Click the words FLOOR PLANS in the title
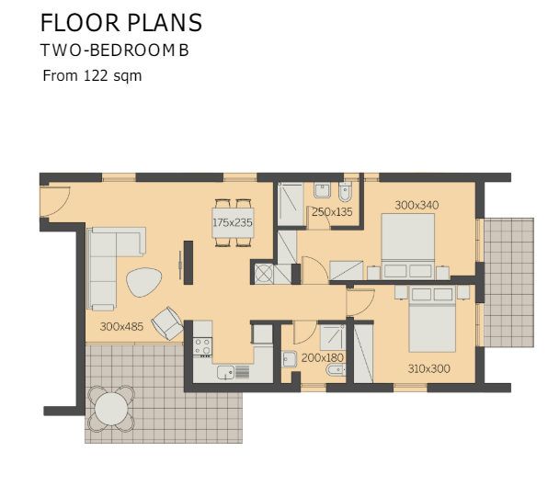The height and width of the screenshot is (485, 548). click(x=121, y=23)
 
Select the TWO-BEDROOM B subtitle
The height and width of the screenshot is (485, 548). click(x=115, y=51)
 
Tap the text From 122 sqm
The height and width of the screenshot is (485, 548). click(x=92, y=76)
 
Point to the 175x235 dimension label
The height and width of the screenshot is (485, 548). click(x=232, y=222)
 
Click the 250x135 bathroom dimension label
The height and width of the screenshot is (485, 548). click(x=332, y=212)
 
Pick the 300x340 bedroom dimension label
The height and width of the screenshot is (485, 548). click(x=417, y=205)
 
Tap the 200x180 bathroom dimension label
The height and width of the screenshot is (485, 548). click(x=323, y=357)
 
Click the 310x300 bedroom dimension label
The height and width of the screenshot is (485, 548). click(x=429, y=368)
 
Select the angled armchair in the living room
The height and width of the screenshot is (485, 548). click(x=168, y=323)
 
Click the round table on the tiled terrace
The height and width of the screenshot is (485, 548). click(x=111, y=406)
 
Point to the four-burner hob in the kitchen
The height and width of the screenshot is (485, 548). click(x=202, y=347)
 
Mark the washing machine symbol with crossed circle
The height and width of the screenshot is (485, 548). click(x=264, y=273)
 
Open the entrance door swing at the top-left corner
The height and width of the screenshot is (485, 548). click(x=53, y=197)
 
